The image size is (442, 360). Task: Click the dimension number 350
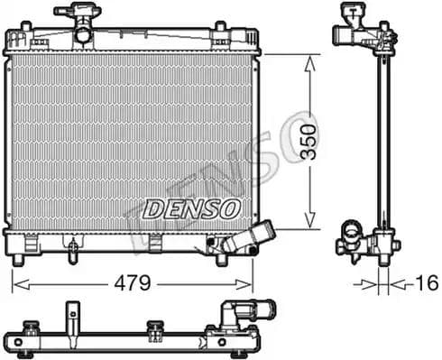(309, 141)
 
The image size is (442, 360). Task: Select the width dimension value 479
(133, 282)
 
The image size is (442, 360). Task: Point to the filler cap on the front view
(77, 13)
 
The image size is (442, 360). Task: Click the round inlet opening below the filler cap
(83, 35)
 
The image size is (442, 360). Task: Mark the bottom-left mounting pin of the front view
(17, 261)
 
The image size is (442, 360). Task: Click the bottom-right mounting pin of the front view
(221, 261)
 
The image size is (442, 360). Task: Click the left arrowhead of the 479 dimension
(16, 283)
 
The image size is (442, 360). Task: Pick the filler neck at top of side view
(356, 35)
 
